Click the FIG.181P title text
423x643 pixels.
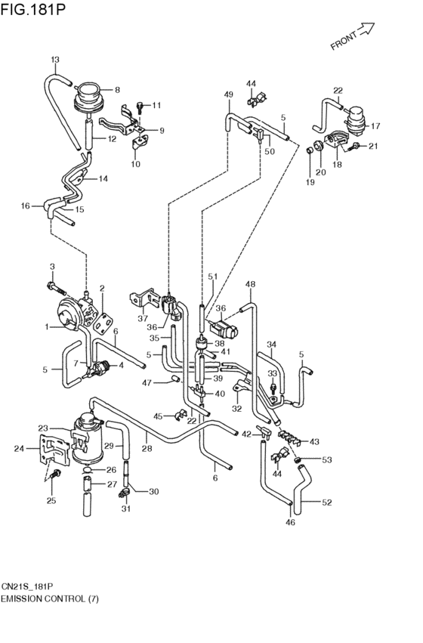(32, 9)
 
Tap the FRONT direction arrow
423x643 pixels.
(366, 29)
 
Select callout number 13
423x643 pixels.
(55, 60)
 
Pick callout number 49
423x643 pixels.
(229, 94)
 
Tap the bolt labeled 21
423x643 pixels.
(354, 146)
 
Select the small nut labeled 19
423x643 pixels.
(310, 151)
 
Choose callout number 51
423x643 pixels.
(213, 277)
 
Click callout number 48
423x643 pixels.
(250, 284)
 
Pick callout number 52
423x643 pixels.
(326, 502)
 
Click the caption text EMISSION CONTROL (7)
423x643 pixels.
(50, 599)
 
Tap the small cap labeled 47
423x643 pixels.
(175, 378)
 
